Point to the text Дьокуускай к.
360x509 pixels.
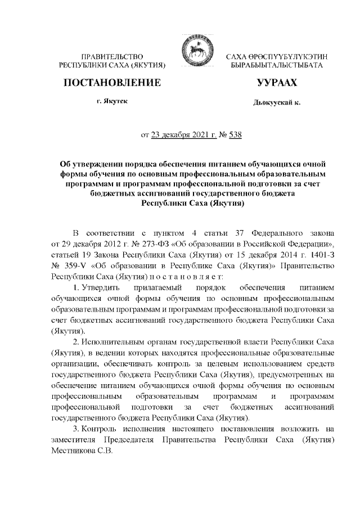[x=278, y=104]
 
